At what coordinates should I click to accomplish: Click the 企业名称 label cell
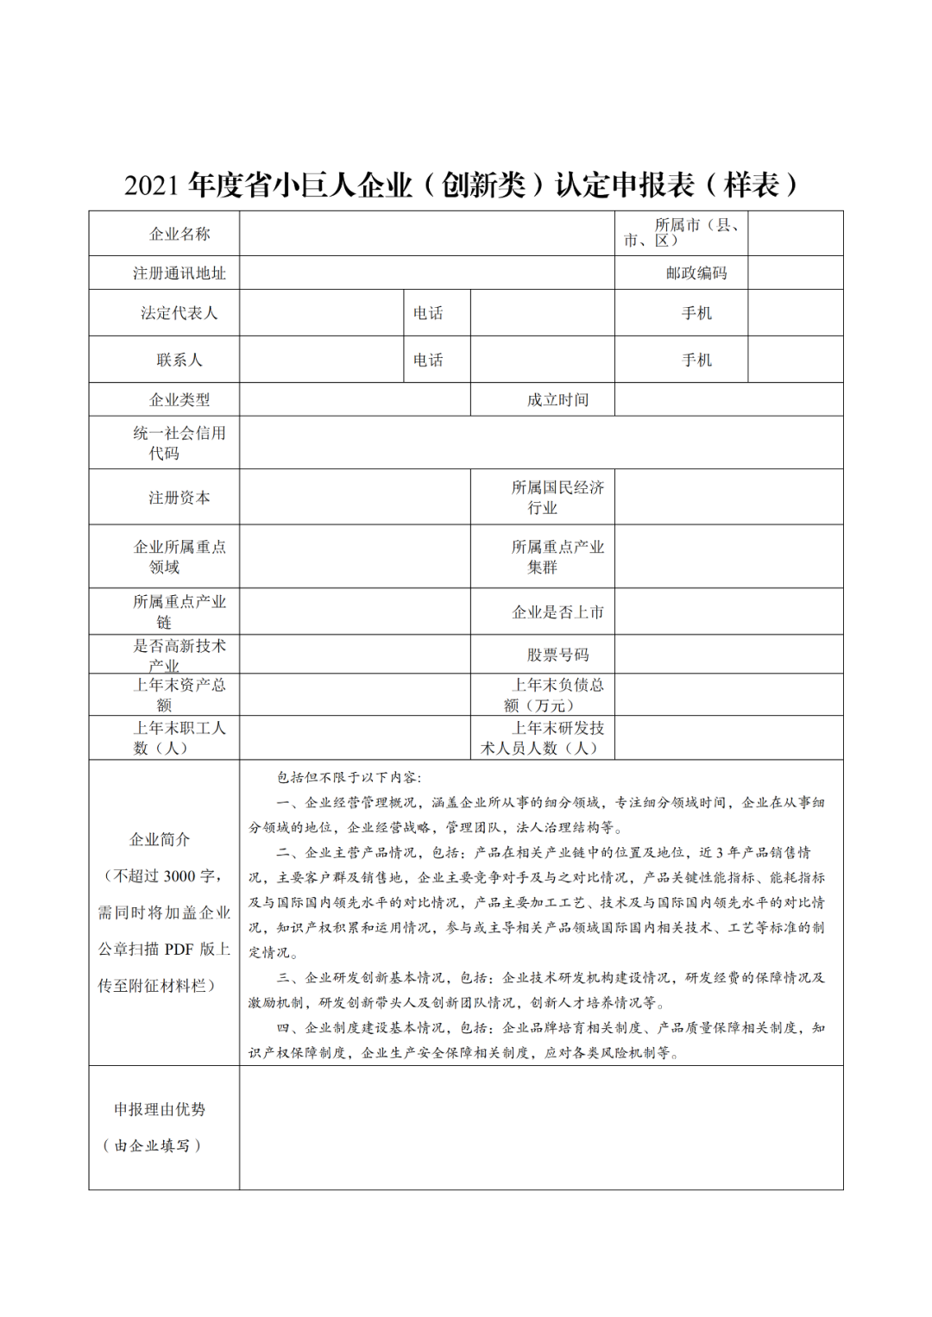pyautogui.click(x=179, y=234)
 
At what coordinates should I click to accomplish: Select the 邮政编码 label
pyautogui.click(x=696, y=273)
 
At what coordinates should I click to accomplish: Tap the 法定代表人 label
pyautogui.click(x=179, y=313)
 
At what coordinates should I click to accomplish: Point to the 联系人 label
pyautogui.click(x=179, y=360)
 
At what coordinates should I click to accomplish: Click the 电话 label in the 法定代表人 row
pyautogui.click(x=428, y=313)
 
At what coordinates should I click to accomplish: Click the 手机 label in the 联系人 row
pyautogui.click(x=696, y=360)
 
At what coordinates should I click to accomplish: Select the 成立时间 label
pyautogui.click(x=557, y=400)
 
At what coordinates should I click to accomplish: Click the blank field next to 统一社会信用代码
pyautogui.click(x=541, y=443)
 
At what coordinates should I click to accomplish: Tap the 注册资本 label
pyautogui.click(x=179, y=498)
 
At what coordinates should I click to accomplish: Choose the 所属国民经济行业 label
pyautogui.click(x=557, y=498)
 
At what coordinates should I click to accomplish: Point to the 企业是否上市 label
pyautogui.click(x=557, y=612)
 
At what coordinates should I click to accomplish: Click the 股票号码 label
pyautogui.click(x=557, y=655)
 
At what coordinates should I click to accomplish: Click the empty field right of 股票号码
pyautogui.click(x=728, y=655)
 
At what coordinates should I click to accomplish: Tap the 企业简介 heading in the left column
pyautogui.click(x=160, y=839)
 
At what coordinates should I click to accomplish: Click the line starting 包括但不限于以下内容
pyautogui.click(x=349, y=777)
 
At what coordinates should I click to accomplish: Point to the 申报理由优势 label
pyautogui.click(x=160, y=1109)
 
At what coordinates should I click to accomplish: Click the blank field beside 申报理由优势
pyautogui.click(x=541, y=1128)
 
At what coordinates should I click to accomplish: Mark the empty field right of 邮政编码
pyautogui.click(x=795, y=273)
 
